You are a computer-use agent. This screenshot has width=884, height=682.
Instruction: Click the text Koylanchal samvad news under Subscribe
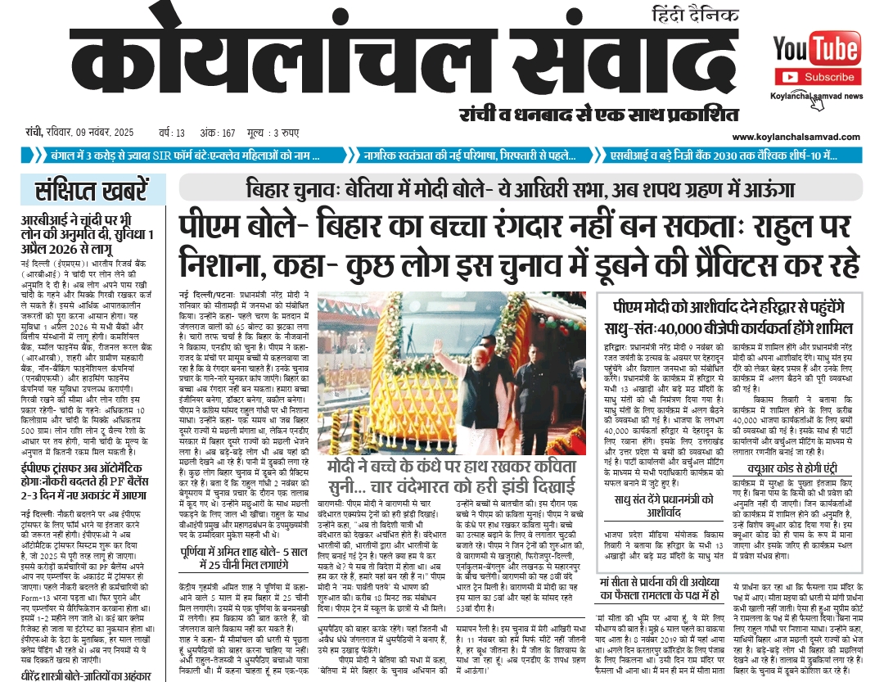(816, 96)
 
